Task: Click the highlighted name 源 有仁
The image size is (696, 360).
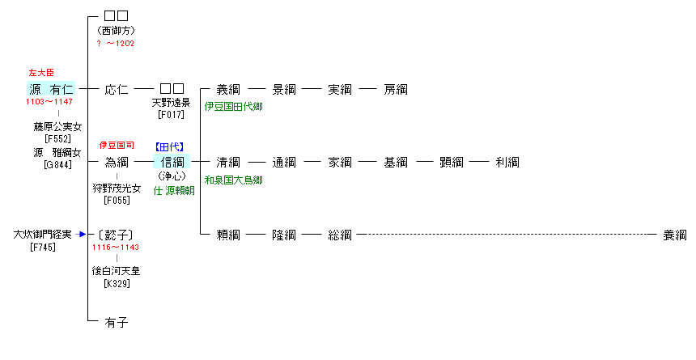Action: pos(52,89)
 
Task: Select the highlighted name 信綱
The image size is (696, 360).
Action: pos(172,162)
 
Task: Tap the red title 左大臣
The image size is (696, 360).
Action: pos(41,73)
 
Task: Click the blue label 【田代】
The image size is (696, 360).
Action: pos(170,146)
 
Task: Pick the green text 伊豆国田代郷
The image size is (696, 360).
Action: pos(233,106)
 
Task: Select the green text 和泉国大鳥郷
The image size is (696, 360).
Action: pos(233,180)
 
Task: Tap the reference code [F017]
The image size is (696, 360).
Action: pos(172,116)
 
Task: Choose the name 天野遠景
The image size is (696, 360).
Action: pos(172,104)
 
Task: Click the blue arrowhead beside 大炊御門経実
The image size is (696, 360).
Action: pos(82,235)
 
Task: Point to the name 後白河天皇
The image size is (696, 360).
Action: pos(117,272)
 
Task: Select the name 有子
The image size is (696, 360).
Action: pos(117,322)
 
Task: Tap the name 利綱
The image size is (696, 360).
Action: pos(507,162)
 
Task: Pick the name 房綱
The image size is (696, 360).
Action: pos(396,89)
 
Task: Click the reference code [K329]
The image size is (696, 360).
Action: pos(117,283)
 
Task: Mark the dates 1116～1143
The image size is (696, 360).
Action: pos(117,248)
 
